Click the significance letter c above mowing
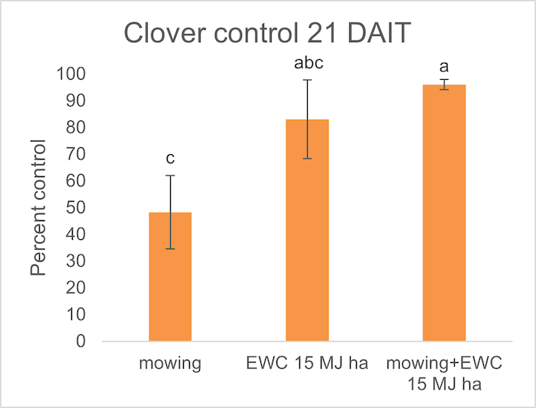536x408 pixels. [x=170, y=159]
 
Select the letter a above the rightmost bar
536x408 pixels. [x=444, y=67]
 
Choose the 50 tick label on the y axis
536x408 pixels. [x=74, y=208]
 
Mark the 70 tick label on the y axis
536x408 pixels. [x=74, y=154]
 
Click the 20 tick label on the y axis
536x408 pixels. [x=74, y=288]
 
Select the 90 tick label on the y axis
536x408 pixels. [x=74, y=101]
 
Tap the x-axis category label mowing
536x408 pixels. [x=170, y=364]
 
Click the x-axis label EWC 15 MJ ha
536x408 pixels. [x=307, y=364]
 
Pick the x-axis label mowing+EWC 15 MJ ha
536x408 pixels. [x=444, y=372]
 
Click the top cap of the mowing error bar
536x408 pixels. [x=170, y=176]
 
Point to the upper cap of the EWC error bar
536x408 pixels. [x=307, y=80]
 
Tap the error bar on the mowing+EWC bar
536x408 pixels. [x=444, y=84]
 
